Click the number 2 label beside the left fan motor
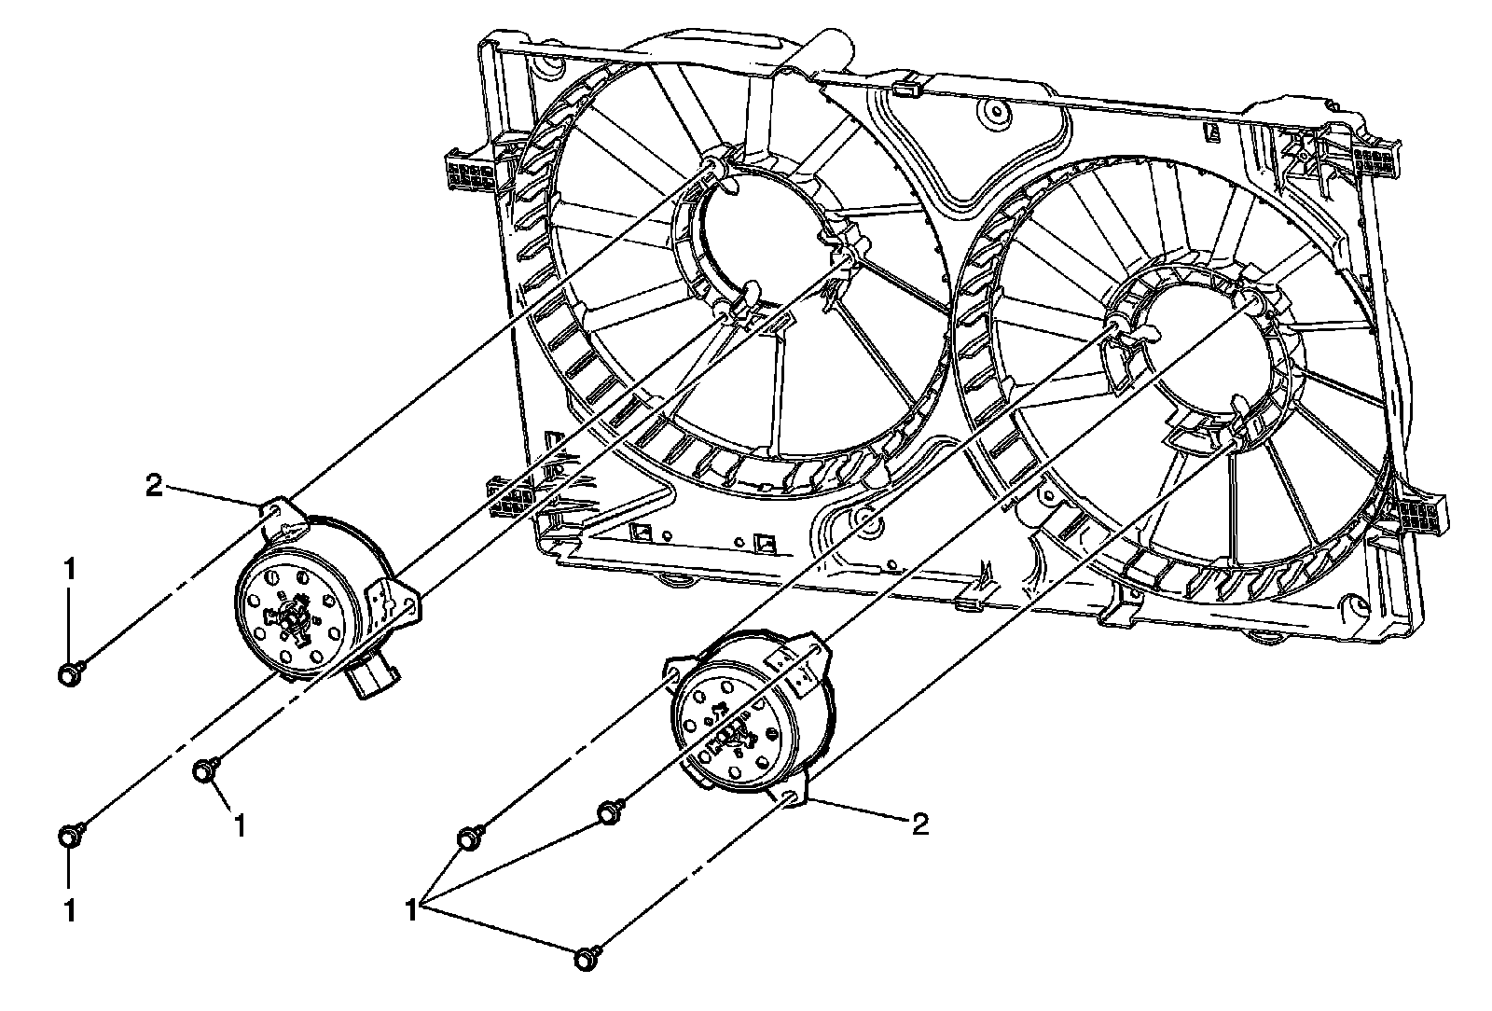click(x=155, y=485)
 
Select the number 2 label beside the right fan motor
click(x=919, y=824)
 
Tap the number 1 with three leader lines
click(x=410, y=906)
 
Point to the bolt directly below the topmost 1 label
click(x=70, y=673)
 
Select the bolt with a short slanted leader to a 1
click(x=205, y=770)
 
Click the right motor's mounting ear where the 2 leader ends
click(x=789, y=796)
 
